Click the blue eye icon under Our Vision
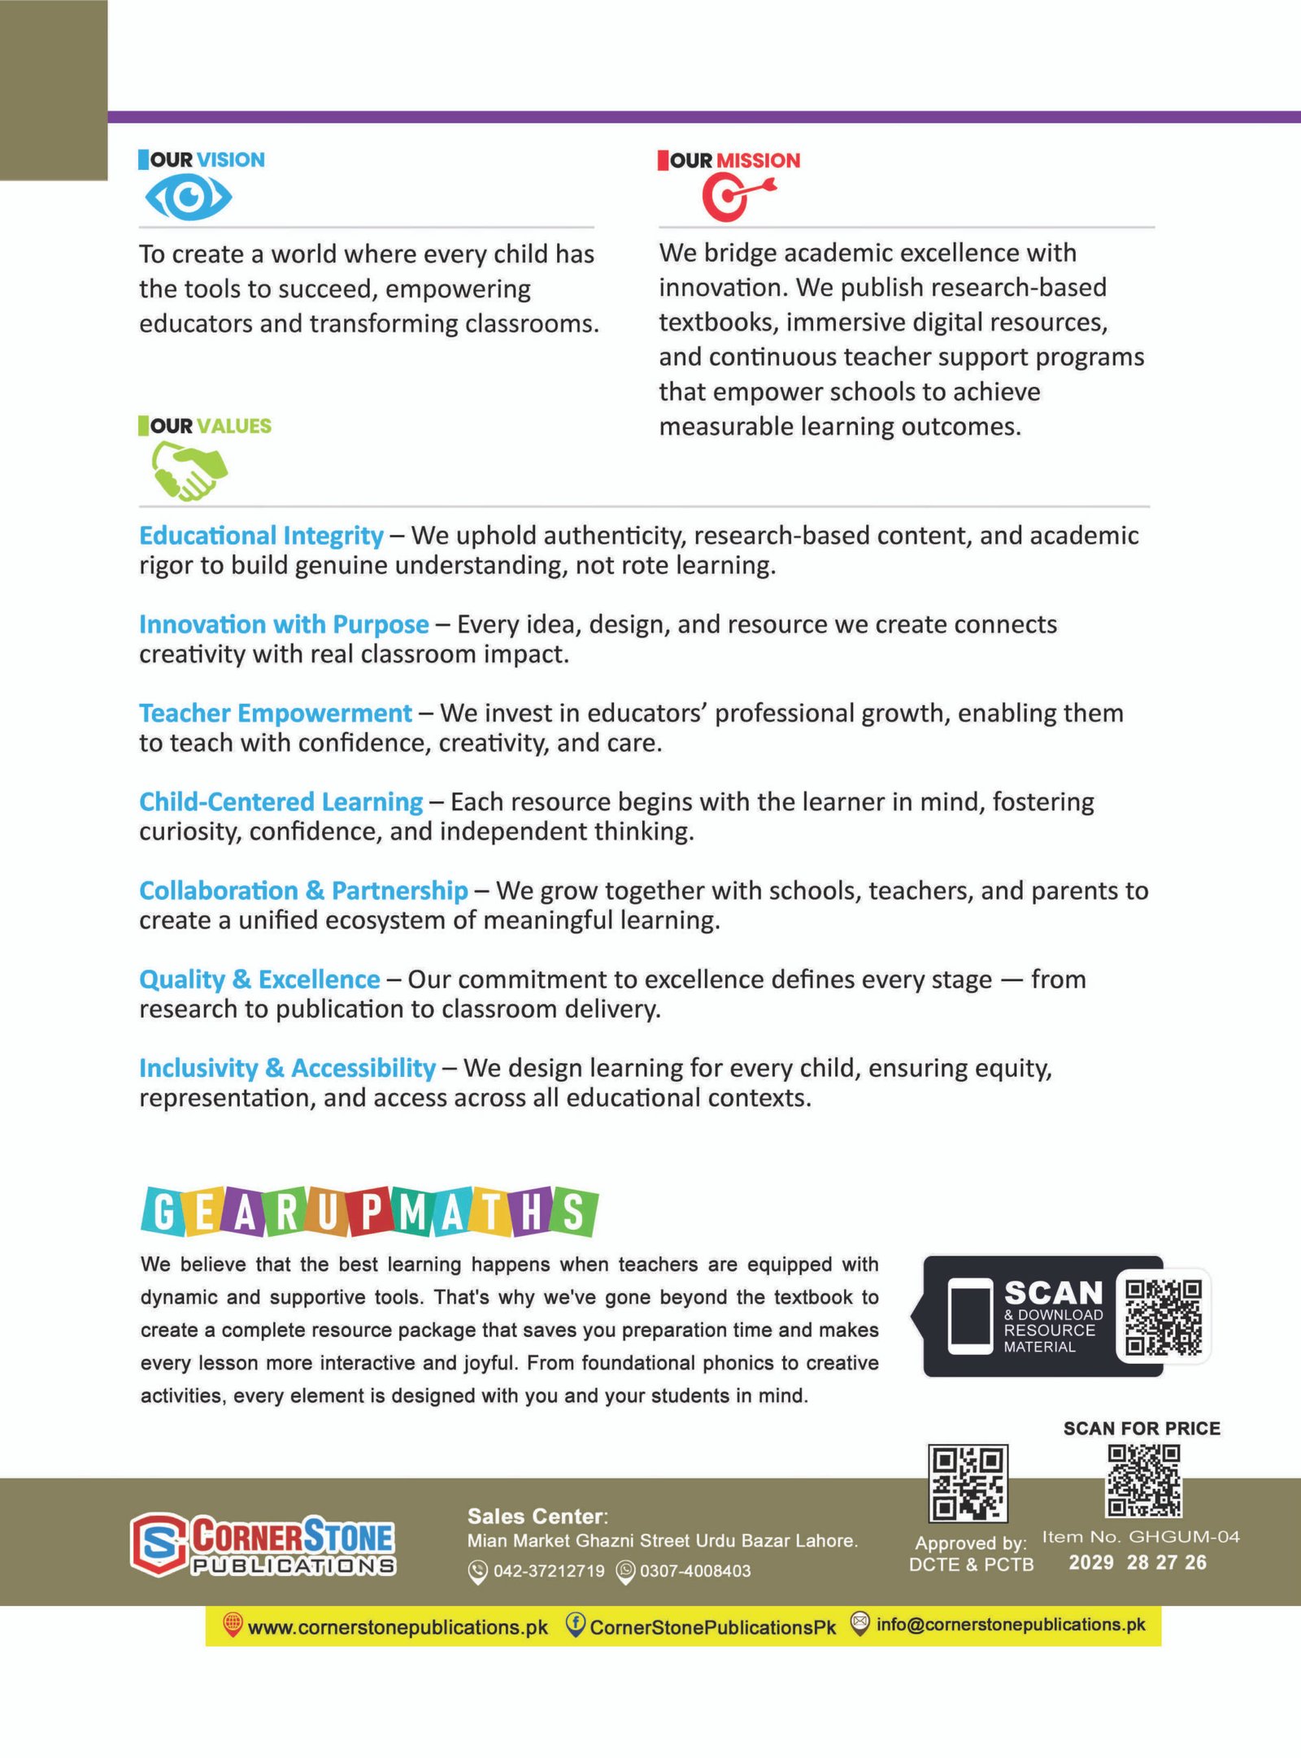click(x=189, y=198)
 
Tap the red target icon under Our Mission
click(x=734, y=198)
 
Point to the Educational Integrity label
click(x=261, y=536)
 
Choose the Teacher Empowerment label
click(x=275, y=713)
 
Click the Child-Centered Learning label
click(x=281, y=801)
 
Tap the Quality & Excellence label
click(x=259, y=979)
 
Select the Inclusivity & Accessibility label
click(x=287, y=1068)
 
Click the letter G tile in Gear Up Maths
click(x=163, y=1213)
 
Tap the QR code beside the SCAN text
click(x=1163, y=1317)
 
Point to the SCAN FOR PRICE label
click(x=1142, y=1428)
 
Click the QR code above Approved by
click(x=968, y=1482)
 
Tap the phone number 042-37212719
click(x=549, y=1571)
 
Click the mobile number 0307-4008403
click(x=695, y=1571)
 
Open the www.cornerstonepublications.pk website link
click(x=398, y=1627)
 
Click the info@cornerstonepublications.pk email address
click(x=1011, y=1625)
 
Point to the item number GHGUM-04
click(x=1184, y=1537)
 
